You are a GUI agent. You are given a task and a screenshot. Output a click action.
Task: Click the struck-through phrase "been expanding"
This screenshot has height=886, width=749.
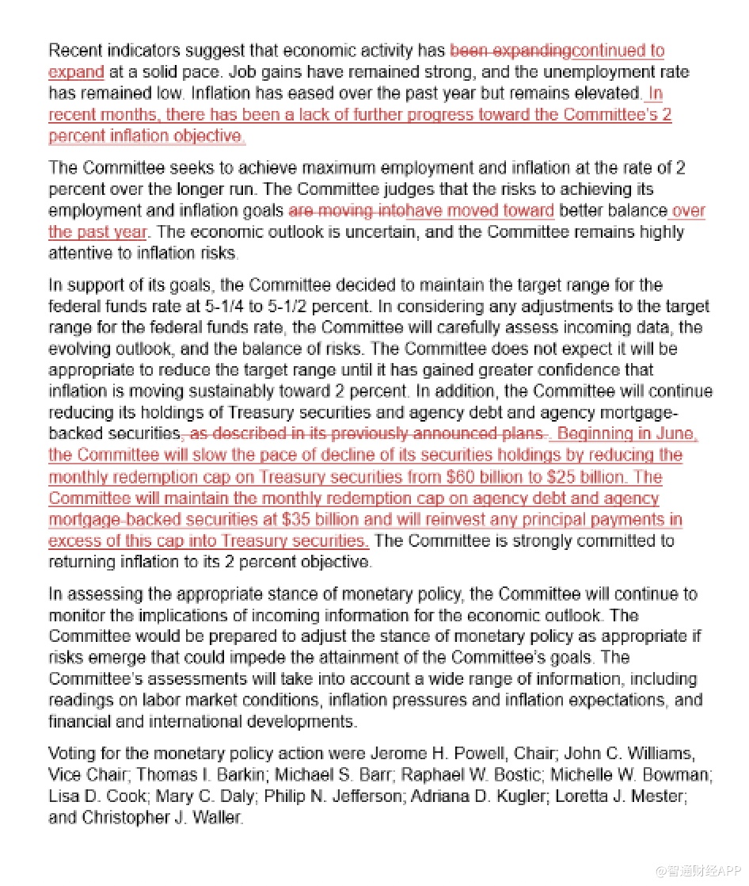coord(510,52)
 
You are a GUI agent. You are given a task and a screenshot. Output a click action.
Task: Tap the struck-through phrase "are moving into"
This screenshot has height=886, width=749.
coord(346,211)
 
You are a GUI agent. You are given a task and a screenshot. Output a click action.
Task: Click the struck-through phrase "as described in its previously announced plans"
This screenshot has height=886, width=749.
coord(368,434)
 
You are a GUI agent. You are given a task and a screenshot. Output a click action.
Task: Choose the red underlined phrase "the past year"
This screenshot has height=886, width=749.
coord(97,232)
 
